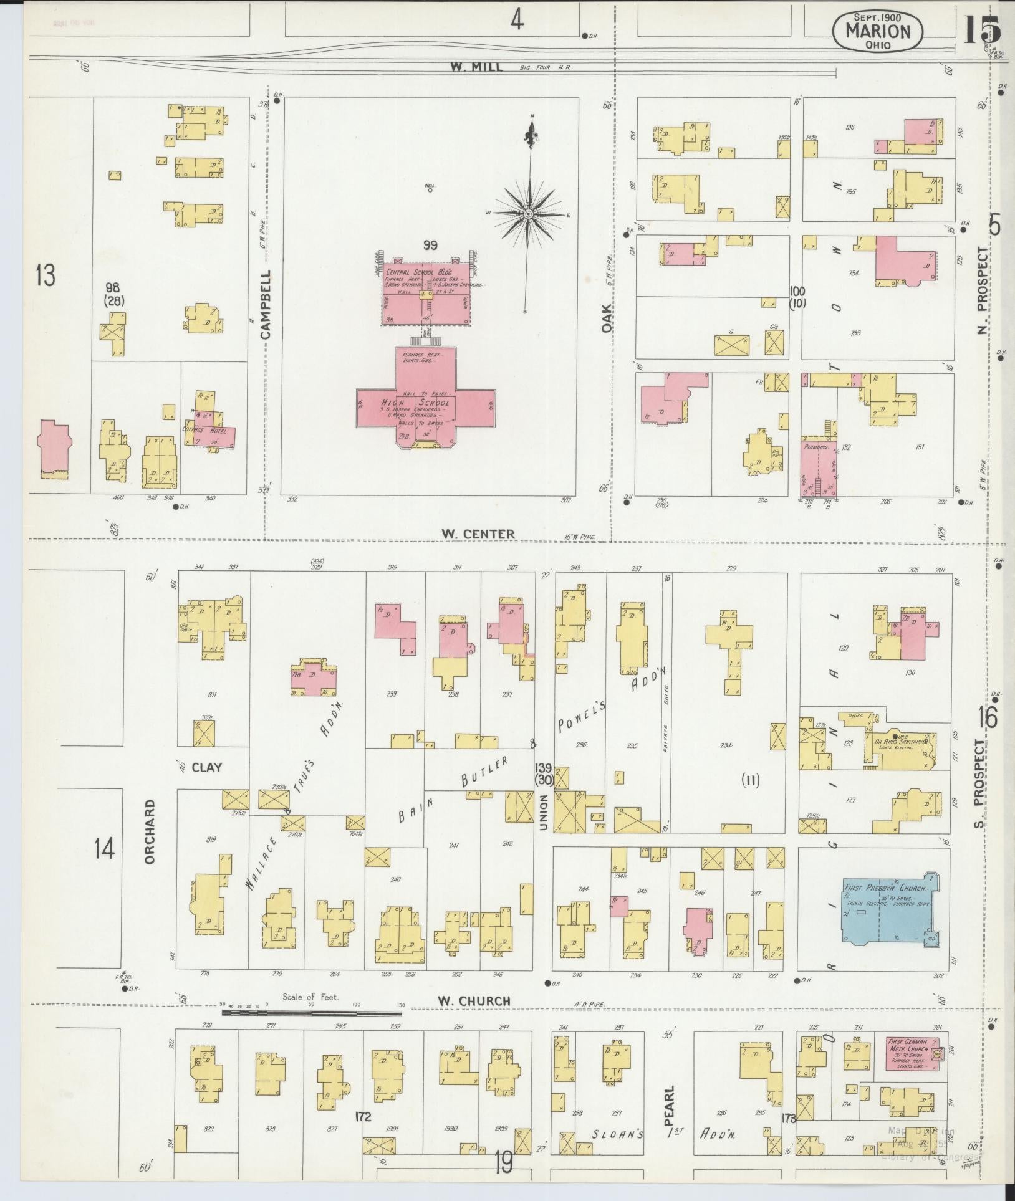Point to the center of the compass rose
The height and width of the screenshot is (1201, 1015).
pos(528,214)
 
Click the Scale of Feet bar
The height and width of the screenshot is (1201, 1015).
pos(312,1013)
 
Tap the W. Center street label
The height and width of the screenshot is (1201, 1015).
pos(478,534)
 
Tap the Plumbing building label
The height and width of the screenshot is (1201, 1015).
pos(815,447)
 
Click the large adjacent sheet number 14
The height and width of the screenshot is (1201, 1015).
pos(104,848)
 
